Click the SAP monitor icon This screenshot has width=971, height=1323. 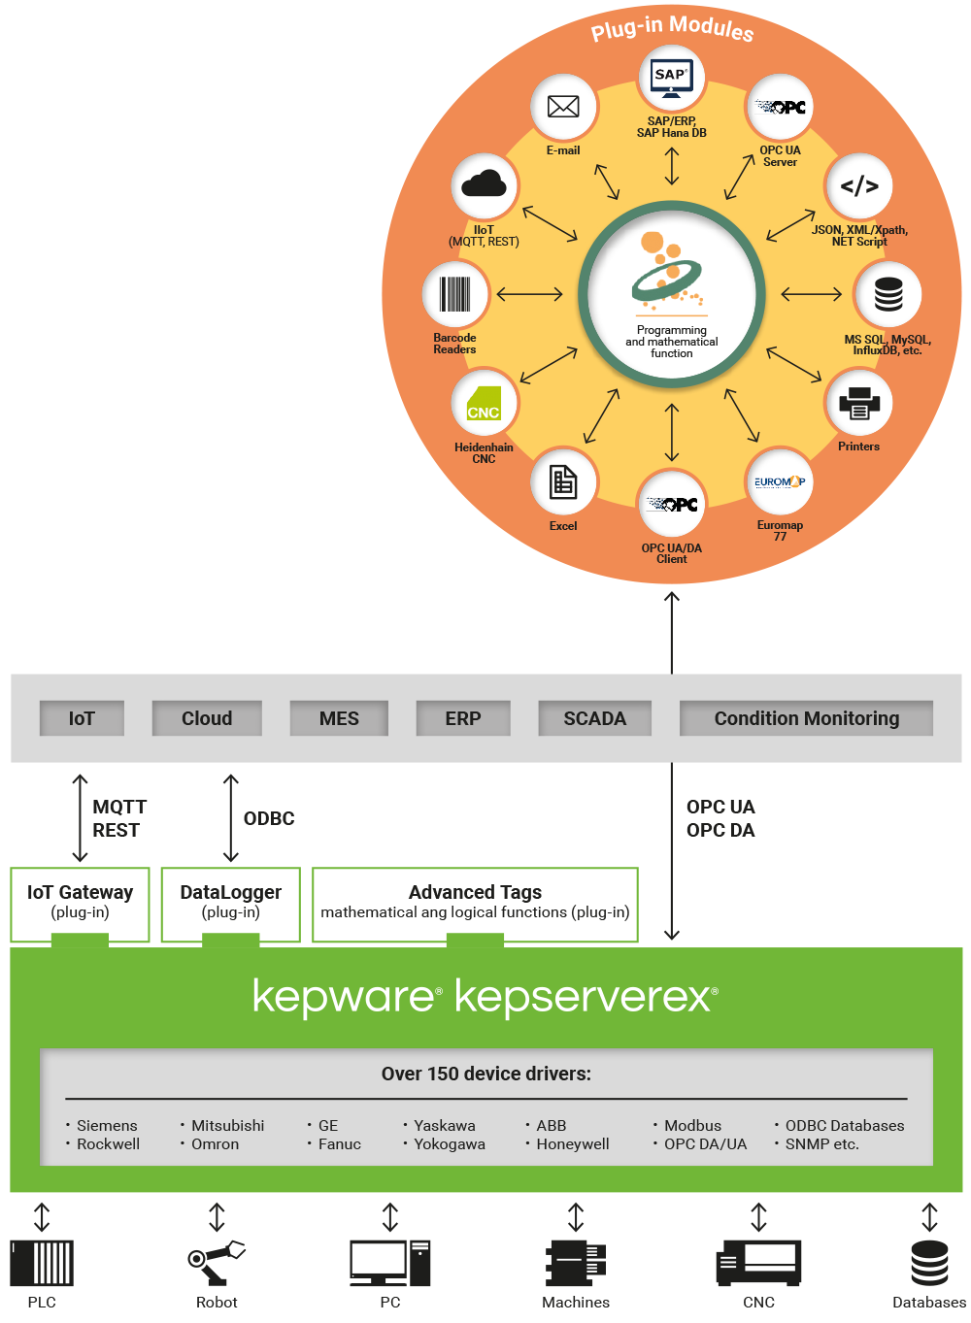pyautogui.click(x=672, y=79)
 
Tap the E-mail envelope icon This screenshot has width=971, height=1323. pyautogui.click(x=563, y=107)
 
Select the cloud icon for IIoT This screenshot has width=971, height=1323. pyautogui.click(x=485, y=184)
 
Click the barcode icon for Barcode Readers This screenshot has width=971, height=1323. pyautogui.click(x=454, y=294)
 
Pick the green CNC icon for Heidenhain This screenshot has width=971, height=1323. pyautogui.click(x=484, y=403)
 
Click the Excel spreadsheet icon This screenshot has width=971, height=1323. pyautogui.click(x=563, y=481)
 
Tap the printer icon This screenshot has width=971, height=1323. pyautogui.click(x=859, y=403)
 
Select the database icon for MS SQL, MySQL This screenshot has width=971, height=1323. pyautogui.click(x=888, y=294)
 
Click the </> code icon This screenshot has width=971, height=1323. pyautogui.click(x=859, y=186)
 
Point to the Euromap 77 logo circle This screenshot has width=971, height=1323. pyautogui.click(x=780, y=481)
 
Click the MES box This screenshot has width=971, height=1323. pyautogui.click(x=339, y=718)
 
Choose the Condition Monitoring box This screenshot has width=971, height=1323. pyautogui.click(x=806, y=718)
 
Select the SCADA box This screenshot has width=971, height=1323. pyautogui.click(x=594, y=718)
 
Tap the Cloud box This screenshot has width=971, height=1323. pyautogui.click(x=207, y=718)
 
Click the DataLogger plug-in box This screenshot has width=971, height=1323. pyautogui.click(x=230, y=903)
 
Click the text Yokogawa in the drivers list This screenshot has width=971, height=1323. pyautogui.click(x=450, y=1144)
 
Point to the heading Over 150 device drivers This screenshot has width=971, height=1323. pyautogui.click(x=485, y=1074)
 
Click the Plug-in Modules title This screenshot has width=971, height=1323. pyautogui.click(x=672, y=28)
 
